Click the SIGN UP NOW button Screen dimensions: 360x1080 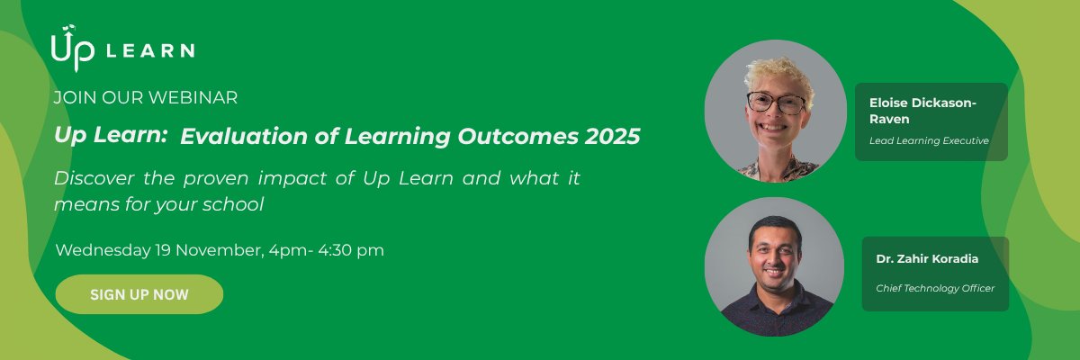tap(139, 294)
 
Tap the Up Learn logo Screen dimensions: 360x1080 tap(122, 49)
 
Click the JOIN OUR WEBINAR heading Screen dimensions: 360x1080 tap(146, 97)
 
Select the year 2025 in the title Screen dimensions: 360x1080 tap(611, 137)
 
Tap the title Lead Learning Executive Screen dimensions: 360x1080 tap(929, 141)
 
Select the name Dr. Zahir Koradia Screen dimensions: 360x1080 tap(927, 259)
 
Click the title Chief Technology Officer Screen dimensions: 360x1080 tap(935, 288)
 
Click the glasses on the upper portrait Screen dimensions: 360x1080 tap(775, 103)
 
